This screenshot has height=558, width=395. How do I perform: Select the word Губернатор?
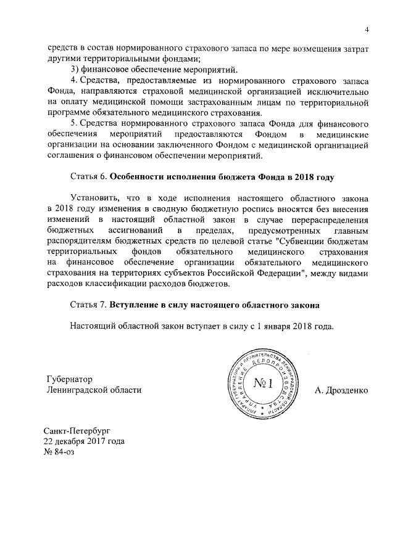[x=73, y=377]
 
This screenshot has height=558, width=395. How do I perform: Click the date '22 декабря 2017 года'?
[x=84, y=441]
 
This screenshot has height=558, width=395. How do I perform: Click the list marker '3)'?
[x=77, y=68]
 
